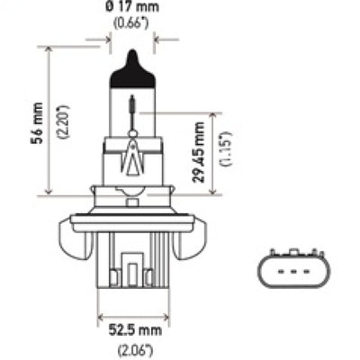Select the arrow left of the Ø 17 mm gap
pos(106,40)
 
